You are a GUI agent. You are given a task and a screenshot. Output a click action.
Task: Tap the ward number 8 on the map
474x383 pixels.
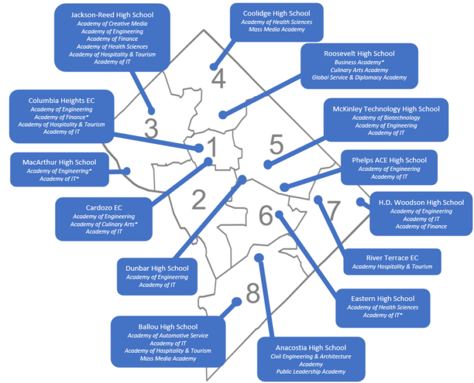253,294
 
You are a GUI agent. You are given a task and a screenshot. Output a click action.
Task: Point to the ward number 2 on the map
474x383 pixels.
198,199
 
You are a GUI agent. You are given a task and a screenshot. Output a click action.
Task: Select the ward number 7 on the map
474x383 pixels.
333,210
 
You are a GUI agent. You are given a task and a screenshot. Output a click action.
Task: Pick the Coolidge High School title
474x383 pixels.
276,13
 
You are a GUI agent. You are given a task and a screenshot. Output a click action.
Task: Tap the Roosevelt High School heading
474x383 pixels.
359,54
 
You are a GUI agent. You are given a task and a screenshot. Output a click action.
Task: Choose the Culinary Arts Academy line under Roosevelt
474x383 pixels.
359,70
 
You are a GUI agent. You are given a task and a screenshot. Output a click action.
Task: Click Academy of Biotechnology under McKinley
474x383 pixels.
386,118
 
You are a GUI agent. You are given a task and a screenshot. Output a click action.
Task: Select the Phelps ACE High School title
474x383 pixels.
389,160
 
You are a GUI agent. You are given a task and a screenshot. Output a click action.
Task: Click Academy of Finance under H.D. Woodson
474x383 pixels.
421,226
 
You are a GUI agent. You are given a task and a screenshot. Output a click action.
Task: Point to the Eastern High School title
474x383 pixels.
383,299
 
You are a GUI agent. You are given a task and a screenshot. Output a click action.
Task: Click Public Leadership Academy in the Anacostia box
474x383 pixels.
311,372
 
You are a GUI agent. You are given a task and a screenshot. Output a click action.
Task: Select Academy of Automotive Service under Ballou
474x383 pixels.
168,336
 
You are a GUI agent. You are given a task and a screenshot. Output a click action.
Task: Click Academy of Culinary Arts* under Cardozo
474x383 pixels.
104,224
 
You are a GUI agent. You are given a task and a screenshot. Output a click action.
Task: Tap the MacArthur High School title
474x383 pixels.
59,162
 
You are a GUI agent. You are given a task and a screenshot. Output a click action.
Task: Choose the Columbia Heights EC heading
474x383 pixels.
62,100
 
